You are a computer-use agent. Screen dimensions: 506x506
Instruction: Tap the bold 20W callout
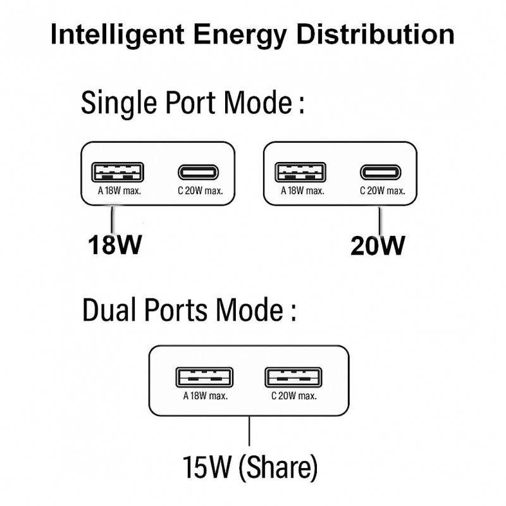coord(378,245)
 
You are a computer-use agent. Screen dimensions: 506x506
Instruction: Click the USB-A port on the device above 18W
coord(118,172)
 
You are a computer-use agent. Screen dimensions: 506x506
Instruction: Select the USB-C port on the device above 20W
coord(380,172)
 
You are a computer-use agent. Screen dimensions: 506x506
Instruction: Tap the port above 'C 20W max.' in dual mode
coord(290,378)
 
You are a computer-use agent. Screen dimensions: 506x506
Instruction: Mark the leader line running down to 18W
coord(113,219)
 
